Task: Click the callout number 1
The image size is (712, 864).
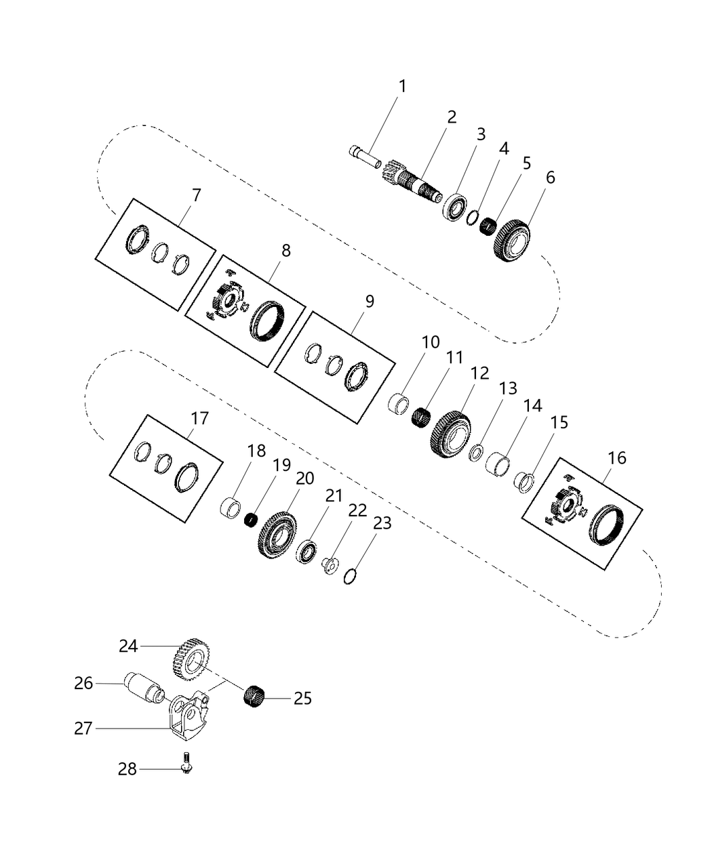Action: pos(403,87)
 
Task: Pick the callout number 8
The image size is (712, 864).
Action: pos(286,251)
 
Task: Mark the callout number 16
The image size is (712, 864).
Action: pos(617,458)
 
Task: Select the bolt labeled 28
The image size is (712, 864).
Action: pos(185,766)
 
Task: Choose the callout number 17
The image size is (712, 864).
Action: pos(199,419)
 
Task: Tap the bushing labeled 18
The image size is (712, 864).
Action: pos(232,508)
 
